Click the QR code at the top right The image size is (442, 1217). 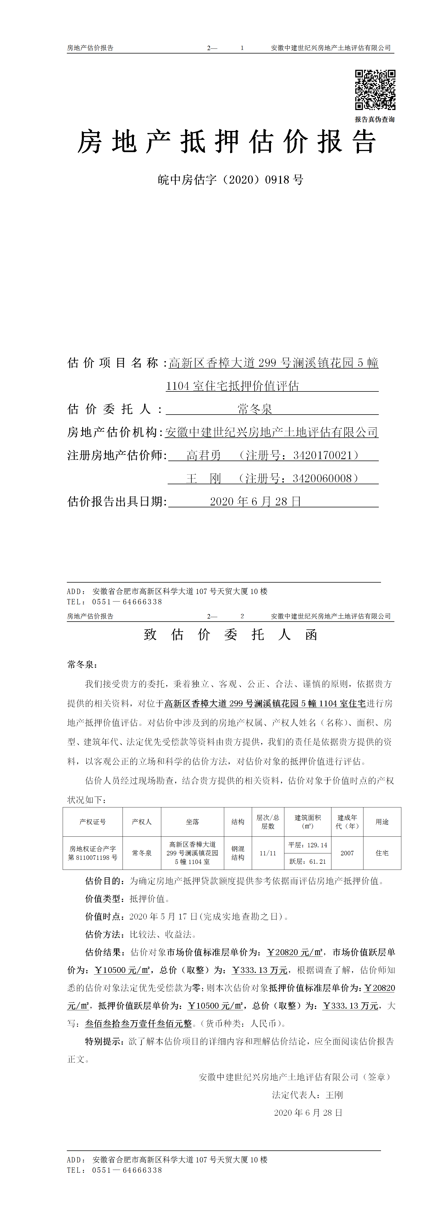(x=375, y=90)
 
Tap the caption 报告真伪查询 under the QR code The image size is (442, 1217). (x=375, y=120)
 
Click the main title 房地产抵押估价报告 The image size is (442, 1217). (x=227, y=142)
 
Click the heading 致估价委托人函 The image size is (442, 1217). (x=230, y=634)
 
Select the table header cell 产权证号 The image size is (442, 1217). (x=92, y=822)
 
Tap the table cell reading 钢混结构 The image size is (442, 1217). (x=238, y=853)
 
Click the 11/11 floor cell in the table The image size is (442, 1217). (x=268, y=853)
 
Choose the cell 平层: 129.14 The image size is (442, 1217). (x=307, y=845)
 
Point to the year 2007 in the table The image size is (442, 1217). (x=347, y=853)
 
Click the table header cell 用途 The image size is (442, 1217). (x=382, y=822)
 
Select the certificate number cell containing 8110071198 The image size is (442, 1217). (x=92, y=853)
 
